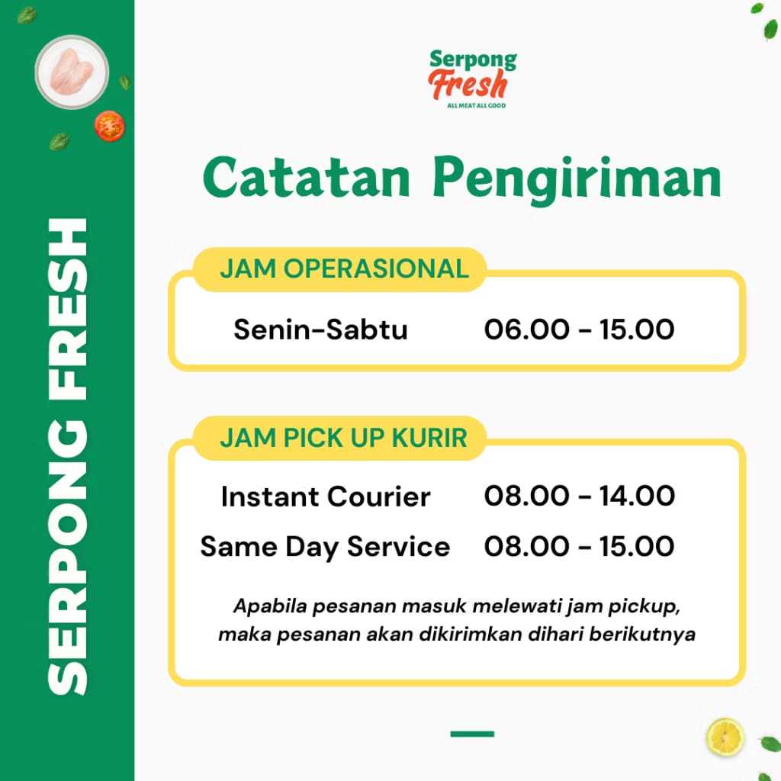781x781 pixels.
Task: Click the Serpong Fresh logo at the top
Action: coord(472,79)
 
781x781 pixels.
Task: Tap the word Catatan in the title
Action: coord(307,178)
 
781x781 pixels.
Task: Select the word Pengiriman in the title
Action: coord(577,180)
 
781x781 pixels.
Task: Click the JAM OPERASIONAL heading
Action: coord(344,269)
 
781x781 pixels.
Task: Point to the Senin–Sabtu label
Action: coord(321,329)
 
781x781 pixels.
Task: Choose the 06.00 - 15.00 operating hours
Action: coord(580,329)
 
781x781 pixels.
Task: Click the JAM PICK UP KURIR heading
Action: coord(343,438)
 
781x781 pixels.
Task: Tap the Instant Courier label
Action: coord(326,497)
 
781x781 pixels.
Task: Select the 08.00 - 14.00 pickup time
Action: coord(580,496)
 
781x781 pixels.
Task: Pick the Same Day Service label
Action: coord(325,547)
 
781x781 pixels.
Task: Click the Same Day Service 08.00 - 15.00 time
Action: coord(580,546)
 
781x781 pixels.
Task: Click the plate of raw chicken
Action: coord(72,72)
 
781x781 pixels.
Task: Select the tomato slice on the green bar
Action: coord(110,126)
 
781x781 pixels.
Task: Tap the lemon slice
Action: coord(725,737)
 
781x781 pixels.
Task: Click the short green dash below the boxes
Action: coord(472,734)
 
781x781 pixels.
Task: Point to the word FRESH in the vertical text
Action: coord(68,310)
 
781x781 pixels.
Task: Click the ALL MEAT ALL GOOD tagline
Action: coord(476,105)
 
